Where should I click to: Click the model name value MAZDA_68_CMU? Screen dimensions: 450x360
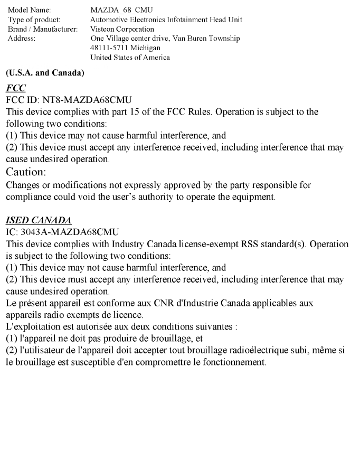pos(117,10)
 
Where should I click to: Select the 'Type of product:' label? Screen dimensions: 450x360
pos(31,20)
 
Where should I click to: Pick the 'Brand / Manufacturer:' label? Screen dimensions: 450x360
pos(41,29)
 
